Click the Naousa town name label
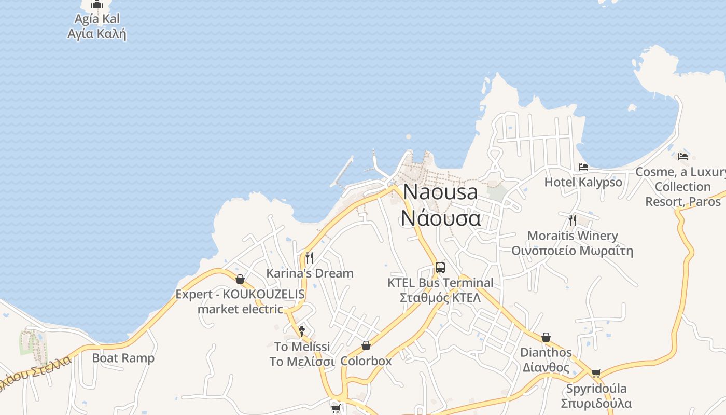440,205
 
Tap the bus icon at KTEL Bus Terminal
440,268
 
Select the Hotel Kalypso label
583,182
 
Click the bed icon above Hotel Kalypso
583,167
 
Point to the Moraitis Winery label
573,243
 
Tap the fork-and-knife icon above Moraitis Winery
573,220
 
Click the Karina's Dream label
310,273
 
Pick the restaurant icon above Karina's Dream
310,257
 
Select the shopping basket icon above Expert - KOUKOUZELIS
240,279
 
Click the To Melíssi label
302,354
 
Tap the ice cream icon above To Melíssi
302,330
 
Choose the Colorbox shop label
366,361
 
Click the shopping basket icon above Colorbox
366,345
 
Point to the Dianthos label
546,360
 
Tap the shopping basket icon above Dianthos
546,338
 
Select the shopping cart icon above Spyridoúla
596,373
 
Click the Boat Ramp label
123,358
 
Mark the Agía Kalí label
97,26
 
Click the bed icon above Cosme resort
683,156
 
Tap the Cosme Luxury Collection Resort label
682,186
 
